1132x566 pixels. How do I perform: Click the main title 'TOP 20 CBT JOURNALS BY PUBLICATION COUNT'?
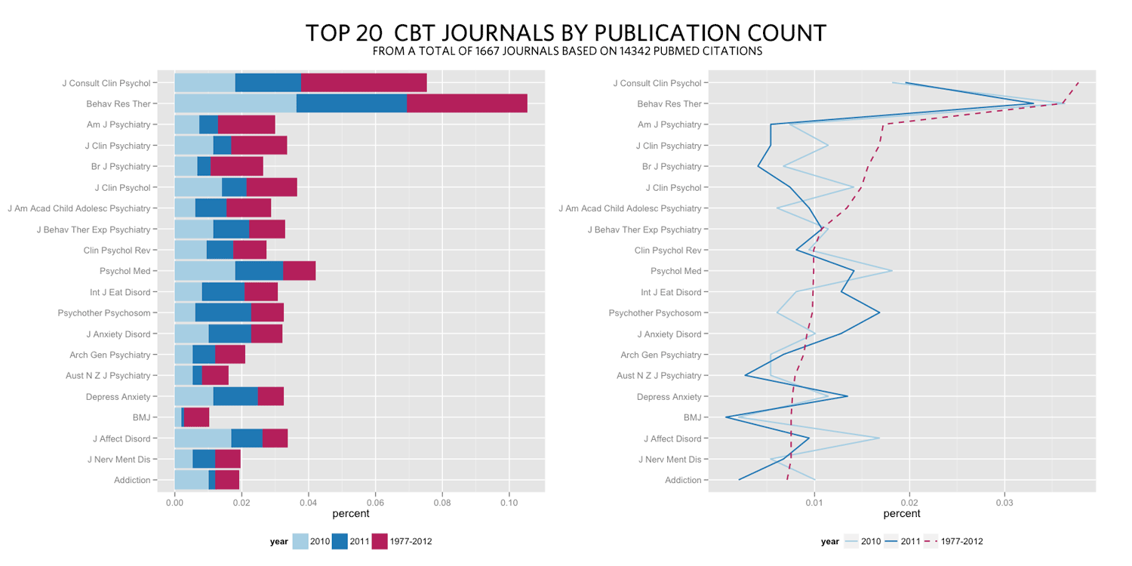click(566, 34)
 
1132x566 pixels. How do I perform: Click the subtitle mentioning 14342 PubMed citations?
click(567, 52)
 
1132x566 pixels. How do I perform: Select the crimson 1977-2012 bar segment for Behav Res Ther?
click(466, 103)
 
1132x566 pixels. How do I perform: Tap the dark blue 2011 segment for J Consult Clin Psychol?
click(268, 83)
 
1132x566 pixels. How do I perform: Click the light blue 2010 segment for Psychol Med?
click(205, 271)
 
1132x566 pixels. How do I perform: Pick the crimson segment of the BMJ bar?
click(196, 417)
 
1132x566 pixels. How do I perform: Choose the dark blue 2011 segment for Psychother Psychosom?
click(223, 313)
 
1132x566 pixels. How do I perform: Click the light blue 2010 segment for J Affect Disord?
click(202, 438)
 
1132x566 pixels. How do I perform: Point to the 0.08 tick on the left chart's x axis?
click(442, 500)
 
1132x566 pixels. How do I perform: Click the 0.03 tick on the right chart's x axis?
click(1004, 500)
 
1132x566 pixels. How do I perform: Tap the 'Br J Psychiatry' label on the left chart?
click(120, 167)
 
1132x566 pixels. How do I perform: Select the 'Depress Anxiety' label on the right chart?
click(669, 397)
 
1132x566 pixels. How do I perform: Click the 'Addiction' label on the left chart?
click(132, 480)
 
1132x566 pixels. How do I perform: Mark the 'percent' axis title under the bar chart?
click(351, 514)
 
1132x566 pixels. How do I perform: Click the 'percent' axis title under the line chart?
click(902, 514)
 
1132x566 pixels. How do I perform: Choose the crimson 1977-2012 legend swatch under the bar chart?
click(380, 541)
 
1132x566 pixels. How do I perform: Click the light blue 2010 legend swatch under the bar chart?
click(300, 541)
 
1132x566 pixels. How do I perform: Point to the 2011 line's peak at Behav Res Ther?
click(1033, 103)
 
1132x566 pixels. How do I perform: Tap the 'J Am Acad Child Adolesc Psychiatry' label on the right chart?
click(629, 208)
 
